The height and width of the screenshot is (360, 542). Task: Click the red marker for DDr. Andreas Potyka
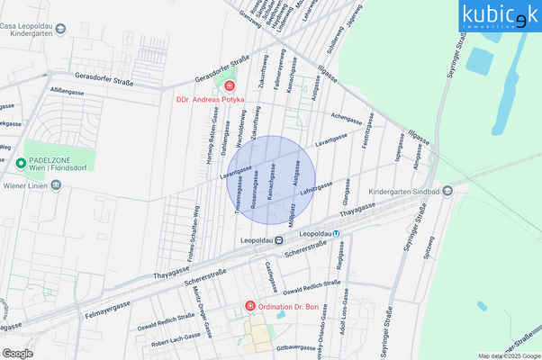pos(230,86)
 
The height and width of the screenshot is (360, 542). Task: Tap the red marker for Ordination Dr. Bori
pos(250,307)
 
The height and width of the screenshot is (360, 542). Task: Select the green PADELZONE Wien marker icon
pos(20,164)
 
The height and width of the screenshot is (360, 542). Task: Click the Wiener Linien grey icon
pos(56,185)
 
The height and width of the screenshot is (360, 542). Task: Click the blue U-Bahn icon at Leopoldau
pos(337,233)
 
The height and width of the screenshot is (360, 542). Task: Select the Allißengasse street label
pos(67,91)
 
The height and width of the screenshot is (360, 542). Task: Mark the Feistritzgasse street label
pos(366,137)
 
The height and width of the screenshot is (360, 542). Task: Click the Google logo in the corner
pos(18,353)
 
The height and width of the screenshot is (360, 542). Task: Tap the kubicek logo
pos(501,15)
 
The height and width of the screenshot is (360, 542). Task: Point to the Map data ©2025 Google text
pos(510,355)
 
